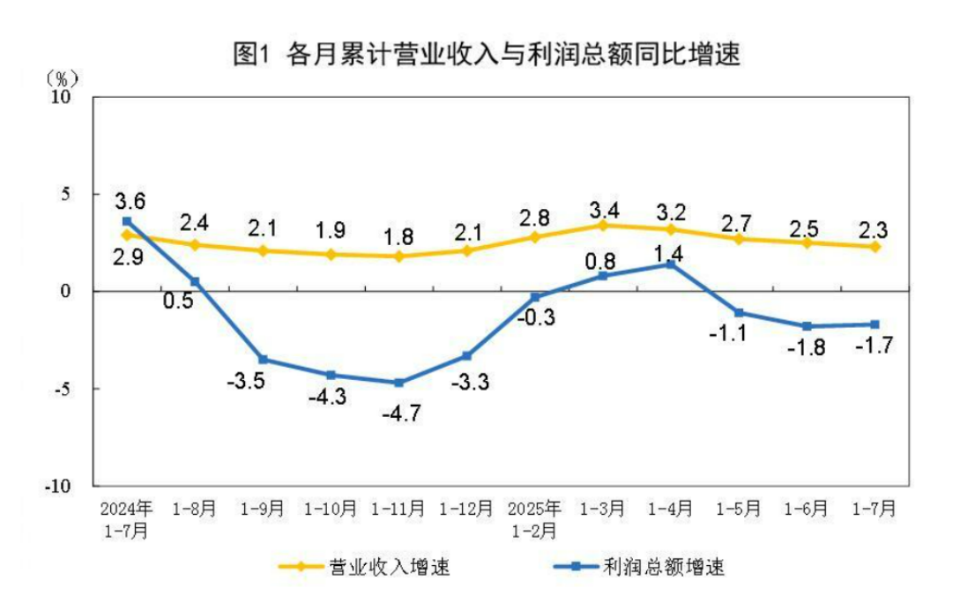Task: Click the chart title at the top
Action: point(486,55)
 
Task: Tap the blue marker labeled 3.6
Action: point(127,221)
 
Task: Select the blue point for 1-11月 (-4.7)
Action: point(399,383)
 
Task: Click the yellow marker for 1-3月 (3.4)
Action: point(603,225)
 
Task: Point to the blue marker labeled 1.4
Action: point(671,264)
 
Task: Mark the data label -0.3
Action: point(539,318)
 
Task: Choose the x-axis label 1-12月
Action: point(466,509)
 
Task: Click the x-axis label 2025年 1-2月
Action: point(534,519)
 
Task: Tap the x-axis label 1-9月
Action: point(263,509)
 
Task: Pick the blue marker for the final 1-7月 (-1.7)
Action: point(875,324)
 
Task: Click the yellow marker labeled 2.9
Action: point(127,235)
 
